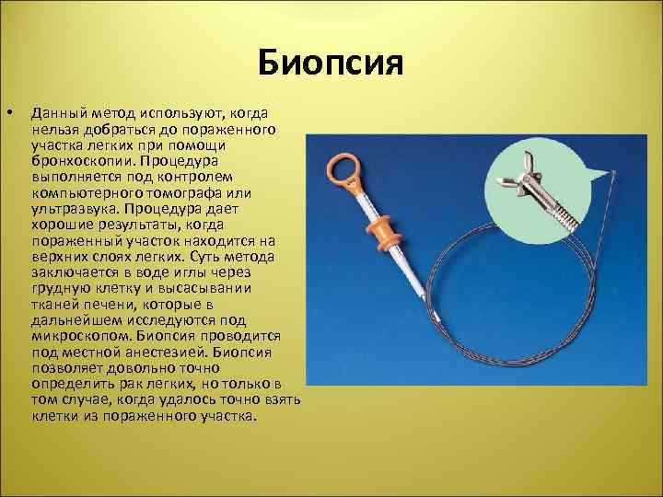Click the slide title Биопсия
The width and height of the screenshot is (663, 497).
[x=331, y=64]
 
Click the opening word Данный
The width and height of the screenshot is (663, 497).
[x=53, y=112]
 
